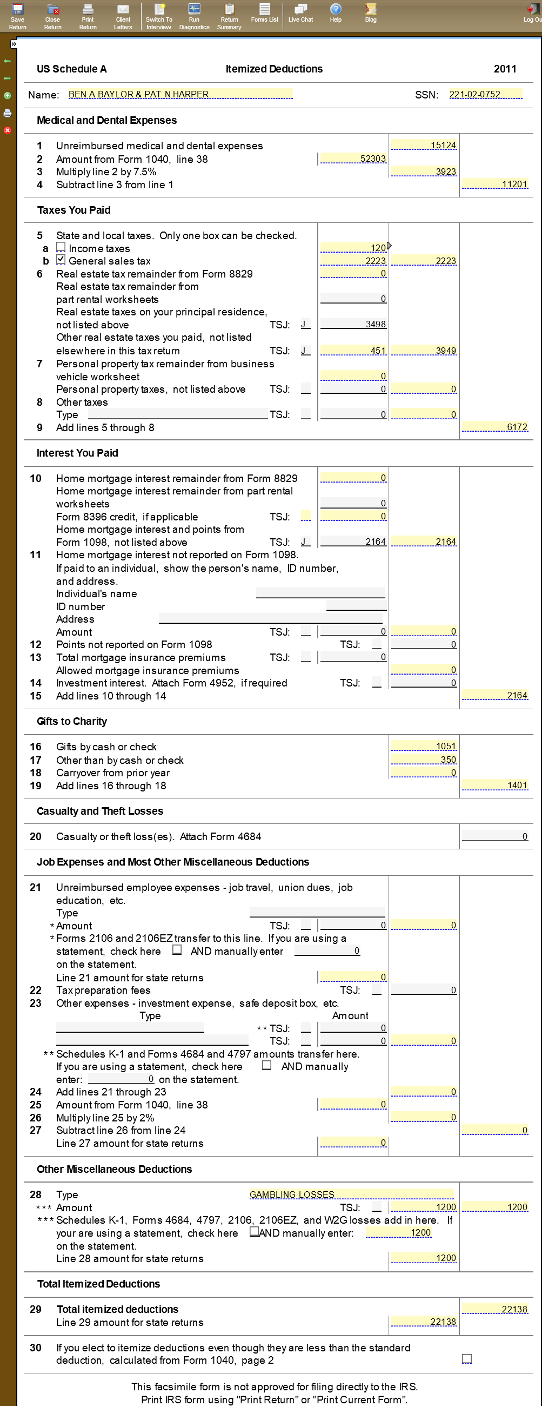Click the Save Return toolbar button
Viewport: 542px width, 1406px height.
pyautogui.click(x=17, y=16)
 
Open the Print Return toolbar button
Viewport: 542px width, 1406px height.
pyautogui.click(x=88, y=16)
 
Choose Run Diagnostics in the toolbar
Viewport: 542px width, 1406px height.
pyautogui.click(x=194, y=16)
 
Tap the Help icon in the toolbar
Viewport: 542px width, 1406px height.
pyautogui.click(x=336, y=12)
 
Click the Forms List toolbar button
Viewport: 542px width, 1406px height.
pyautogui.click(x=264, y=12)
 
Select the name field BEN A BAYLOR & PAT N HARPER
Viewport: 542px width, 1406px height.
pyautogui.click(x=180, y=95)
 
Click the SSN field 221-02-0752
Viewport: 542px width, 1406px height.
pyautogui.click(x=485, y=95)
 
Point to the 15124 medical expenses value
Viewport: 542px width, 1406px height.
pyautogui.click(x=424, y=145)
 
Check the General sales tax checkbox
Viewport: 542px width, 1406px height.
pyautogui.click(x=61, y=260)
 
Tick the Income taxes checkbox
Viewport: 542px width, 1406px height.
pyautogui.click(x=61, y=247)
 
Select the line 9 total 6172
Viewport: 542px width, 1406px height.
pyautogui.click(x=494, y=427)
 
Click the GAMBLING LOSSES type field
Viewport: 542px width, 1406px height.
pyautogui.click(x=351, y=1194)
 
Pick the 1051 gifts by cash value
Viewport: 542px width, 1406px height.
pyautogui.click(x=424, y=746)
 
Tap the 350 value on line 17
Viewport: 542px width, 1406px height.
pyautogui.click(x=424, y=759)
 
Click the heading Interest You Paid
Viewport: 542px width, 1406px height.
pyautogui.click(x=77, y=453)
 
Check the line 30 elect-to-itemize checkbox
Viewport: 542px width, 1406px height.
pyautogui.click(x=467, y=1358)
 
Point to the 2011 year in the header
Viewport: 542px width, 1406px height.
pyautogui.click(x=505, y=69)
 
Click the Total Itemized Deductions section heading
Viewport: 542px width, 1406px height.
pyautogui.click(x=99, y=1284)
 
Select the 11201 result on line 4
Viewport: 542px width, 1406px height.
pyautogui.click(x=494, y=184)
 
